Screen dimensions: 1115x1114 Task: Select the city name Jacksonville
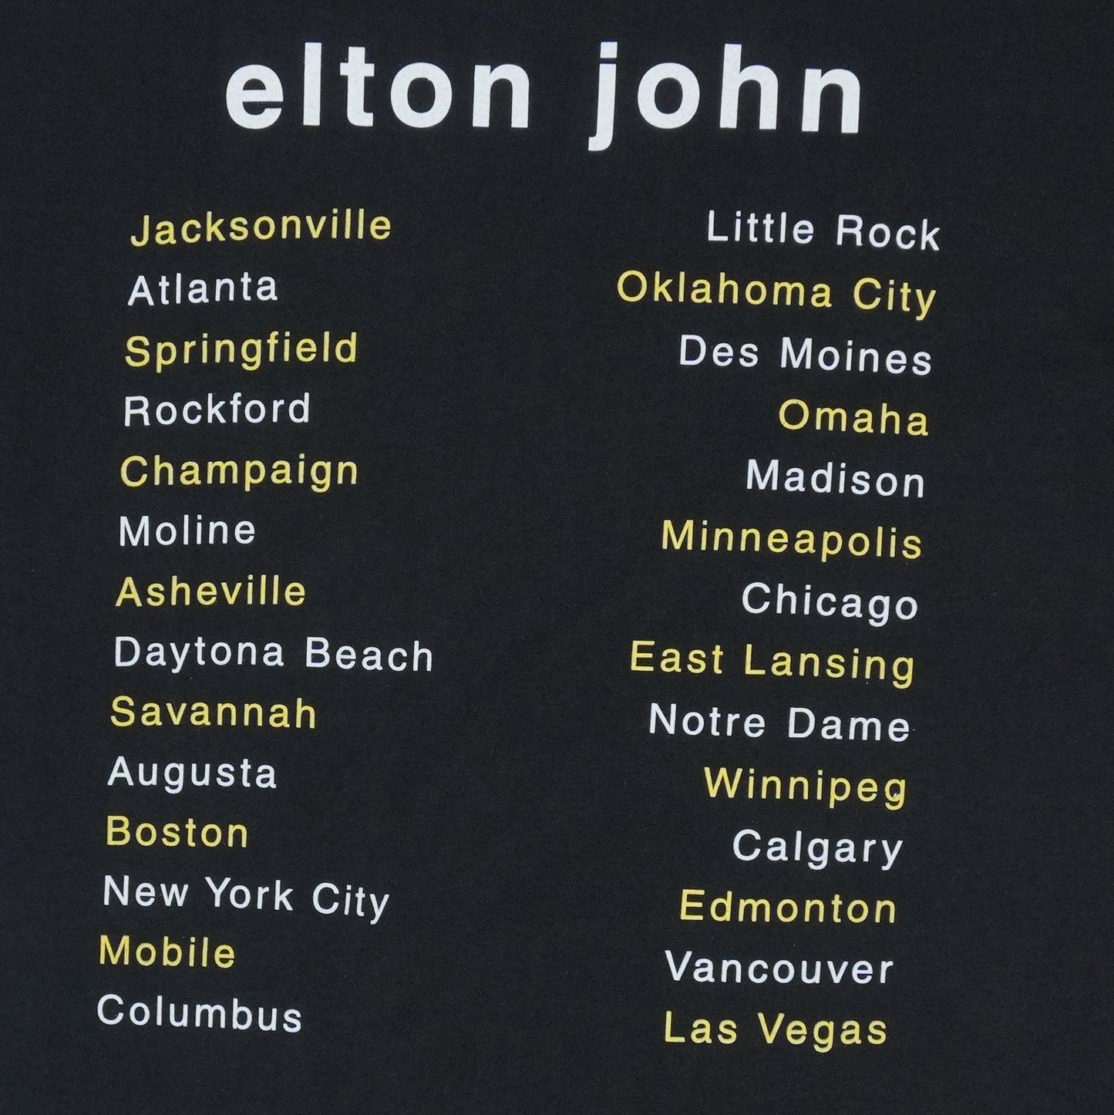click(x=261, y=227)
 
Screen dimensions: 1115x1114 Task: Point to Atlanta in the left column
click(x=203, y=289)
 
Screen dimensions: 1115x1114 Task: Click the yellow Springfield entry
click(x=241, y=350)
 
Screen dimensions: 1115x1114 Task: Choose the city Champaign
click(x=239, y=472)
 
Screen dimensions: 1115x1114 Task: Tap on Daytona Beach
click(x=273, y=655)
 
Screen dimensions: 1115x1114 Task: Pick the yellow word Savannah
click(x=214, y=712)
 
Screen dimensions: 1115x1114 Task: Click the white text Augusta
click(x=192, y=773)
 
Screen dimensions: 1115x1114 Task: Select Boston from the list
click(x=177, y=833)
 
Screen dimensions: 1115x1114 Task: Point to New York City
click(x=246, y=896)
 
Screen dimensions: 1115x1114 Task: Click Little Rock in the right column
click(x=823, y=231)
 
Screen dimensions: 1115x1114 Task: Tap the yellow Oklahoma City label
click(x=776, y=293)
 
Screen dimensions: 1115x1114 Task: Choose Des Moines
click(x=805, y=355)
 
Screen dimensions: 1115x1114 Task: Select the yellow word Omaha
click(x=853, y=418)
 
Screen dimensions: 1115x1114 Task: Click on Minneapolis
click(x=792, y=538)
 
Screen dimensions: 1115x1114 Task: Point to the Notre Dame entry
click(x=779, y=723)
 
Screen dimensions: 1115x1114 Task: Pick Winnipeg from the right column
click(x=806, y=786)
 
